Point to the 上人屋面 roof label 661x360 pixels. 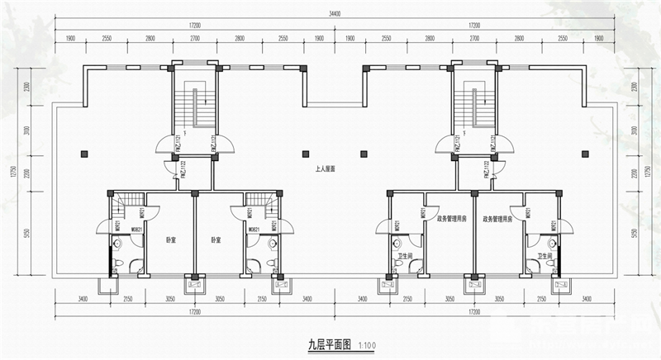pos(325,168)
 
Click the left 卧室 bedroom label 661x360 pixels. pos(171,239)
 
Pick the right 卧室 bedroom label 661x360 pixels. pos(216,239)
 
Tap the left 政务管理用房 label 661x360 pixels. pos(452,220)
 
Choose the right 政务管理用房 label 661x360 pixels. pos(497,220)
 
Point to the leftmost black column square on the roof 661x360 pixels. pos(84,153)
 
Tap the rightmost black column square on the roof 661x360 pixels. pos(585,153)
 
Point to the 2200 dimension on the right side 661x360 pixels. pos(635,173)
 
